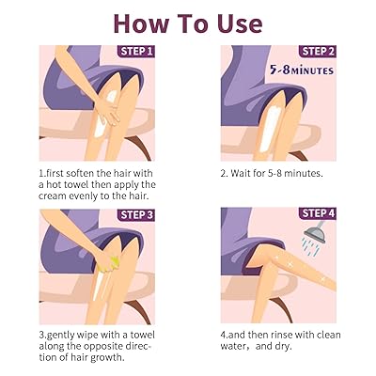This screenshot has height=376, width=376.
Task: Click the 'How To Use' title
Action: pyautogui.click(x=188, y=21)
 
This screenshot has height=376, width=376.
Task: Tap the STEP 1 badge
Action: pyautogui.click(x=136, y=51)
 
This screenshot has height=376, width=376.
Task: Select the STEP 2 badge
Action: pyautogui.click(x=319, y=51)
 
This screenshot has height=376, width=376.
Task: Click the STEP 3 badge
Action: pyautogui.click(x=136, y=215)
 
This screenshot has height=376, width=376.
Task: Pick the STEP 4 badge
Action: pyautogui.click(x=319, y=215)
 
